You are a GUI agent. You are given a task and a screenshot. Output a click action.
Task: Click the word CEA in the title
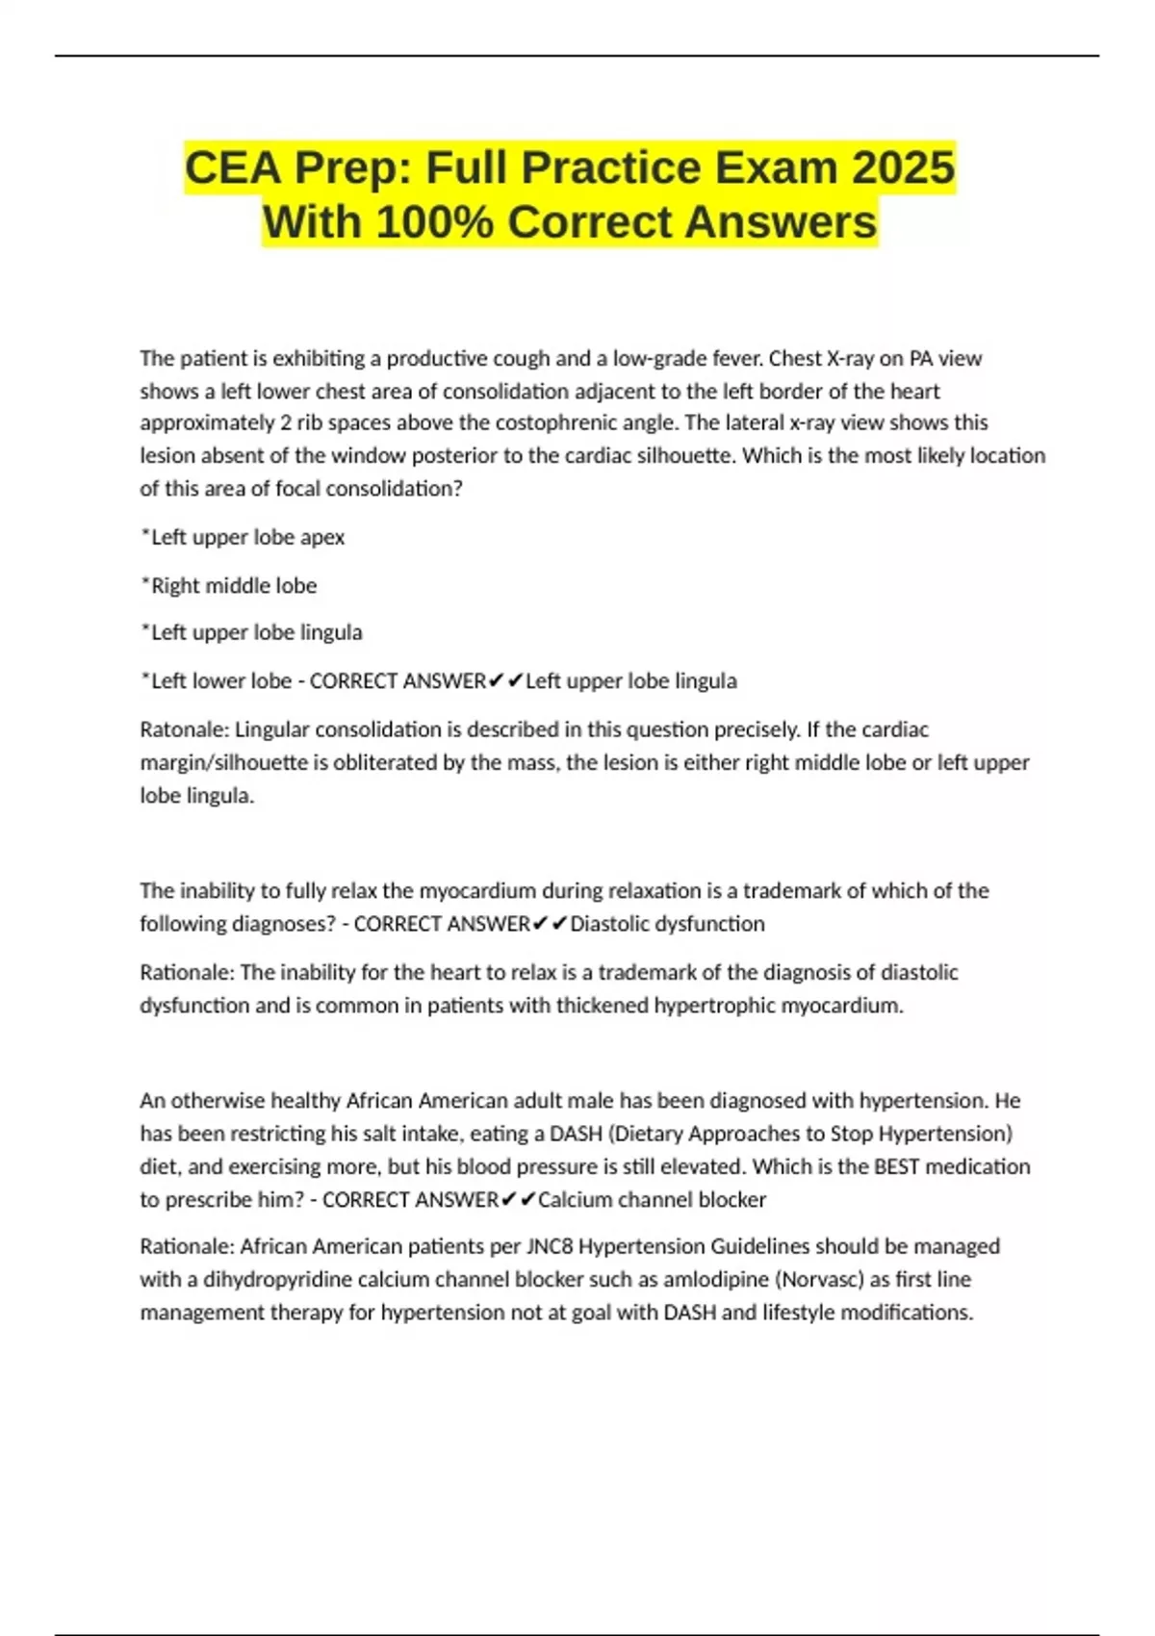point(233,167)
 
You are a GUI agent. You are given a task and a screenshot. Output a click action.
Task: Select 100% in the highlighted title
point(434,222)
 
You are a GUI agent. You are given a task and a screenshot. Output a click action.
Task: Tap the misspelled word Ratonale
point(183,729)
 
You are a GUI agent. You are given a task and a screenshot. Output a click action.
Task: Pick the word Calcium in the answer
point(575,1200)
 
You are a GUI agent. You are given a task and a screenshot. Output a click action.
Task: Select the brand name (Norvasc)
point(820,1280)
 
